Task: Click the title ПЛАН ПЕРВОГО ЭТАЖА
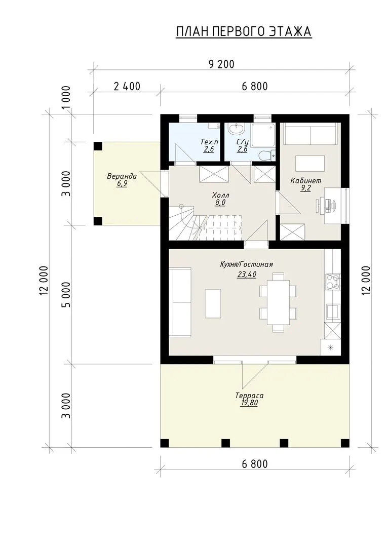click(244, 31)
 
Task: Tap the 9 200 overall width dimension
click(221, 64)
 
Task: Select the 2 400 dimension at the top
click(127, 86)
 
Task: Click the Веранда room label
click(122, 177)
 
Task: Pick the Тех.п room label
click(209, 142)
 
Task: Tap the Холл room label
click(220, 195)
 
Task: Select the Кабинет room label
click(305, 181)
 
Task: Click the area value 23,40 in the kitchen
click(247, 275)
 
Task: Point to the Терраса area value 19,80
click(249, 403)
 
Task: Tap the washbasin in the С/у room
click(237, 129)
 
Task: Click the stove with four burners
click(333, 282)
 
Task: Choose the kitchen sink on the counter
click(333, 311)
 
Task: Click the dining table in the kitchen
click(278, 302)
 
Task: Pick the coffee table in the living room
click(213, 303)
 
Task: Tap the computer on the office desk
click(327, 206)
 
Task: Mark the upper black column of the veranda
click(98, 146)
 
